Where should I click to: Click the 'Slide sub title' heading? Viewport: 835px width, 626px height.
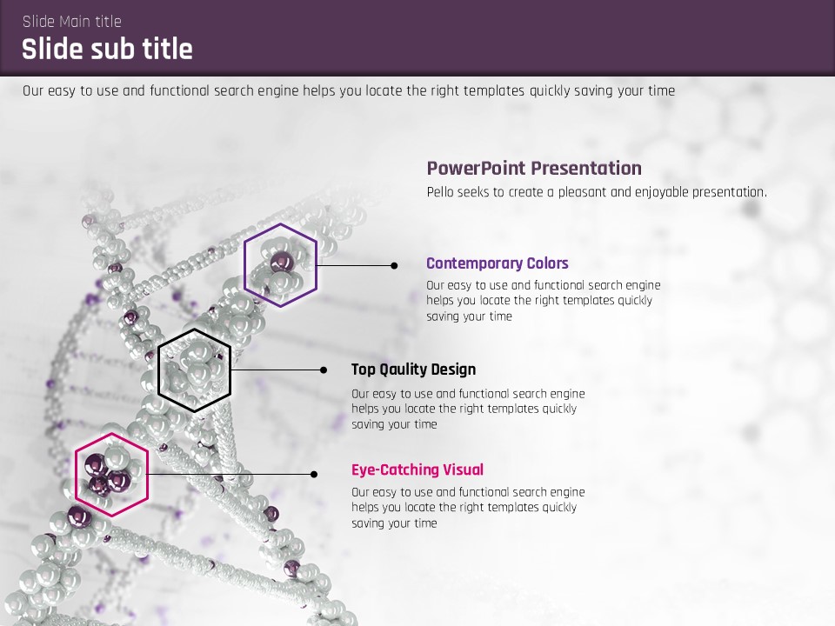[107, 49]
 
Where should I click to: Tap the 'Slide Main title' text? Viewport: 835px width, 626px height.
[72, 21]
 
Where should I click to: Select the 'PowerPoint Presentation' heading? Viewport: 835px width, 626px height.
[534, 168]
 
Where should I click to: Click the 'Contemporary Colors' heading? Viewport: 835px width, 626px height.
[498, 263]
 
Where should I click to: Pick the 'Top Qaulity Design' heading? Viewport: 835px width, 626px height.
[414, 370]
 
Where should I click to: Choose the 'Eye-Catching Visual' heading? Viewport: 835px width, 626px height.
[417, 469]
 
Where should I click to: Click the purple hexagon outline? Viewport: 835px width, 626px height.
[244, 265]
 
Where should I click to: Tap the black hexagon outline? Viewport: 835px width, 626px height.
[158, 370]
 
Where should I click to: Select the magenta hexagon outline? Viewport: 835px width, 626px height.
[75, 475]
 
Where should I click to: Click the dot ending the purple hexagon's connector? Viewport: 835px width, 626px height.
[394, 266]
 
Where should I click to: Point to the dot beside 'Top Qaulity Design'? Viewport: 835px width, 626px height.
[324, 370]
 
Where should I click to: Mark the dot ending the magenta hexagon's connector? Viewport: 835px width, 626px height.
[314, 475]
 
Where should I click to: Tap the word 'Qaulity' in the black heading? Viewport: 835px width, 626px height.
[403, 370]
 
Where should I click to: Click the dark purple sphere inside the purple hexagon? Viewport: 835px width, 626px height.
[282, 262]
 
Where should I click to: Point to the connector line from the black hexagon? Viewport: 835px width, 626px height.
[277, 370]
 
